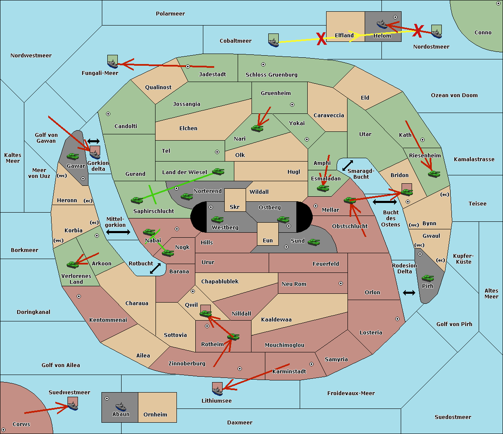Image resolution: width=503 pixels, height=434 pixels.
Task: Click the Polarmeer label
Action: (x=170, y=14)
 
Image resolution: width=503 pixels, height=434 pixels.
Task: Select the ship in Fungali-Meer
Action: (x=113, y=64)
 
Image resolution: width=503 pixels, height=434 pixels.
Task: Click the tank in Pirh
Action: (x=428, y=278)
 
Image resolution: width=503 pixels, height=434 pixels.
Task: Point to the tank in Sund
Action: (x=314, y=242)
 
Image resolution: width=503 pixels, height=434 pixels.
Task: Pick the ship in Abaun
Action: (x=121, y=406)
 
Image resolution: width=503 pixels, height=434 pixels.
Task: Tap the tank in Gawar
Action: (x=73, y=156)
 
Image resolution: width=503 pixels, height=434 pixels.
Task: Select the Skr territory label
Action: (x=235, y=207)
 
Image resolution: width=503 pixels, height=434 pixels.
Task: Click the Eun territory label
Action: (x=268, y=240)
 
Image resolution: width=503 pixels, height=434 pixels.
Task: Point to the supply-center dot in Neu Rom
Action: (x=341, y=283)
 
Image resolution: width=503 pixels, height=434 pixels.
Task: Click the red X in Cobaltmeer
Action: (x=321, y=39)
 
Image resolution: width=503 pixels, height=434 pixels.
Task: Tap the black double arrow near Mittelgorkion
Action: (x=118, y=232)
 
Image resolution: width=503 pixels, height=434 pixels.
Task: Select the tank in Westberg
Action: (x=217, y=219)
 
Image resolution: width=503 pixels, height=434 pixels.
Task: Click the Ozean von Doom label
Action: (x=454, y=95)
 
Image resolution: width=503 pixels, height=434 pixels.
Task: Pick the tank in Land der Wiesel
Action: (x=218, y=171)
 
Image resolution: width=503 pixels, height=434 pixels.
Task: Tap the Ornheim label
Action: (x=155, y=414)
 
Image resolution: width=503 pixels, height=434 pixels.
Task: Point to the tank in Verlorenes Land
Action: (x=73, y=265)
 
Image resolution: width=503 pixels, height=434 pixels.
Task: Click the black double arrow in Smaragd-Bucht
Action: (x=347, y=165)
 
